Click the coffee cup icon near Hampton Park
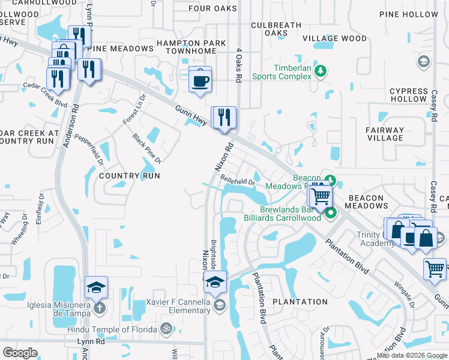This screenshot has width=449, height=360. (200, 80)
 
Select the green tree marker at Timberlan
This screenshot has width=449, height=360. (321, 71)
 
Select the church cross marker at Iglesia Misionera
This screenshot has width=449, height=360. (99, 308)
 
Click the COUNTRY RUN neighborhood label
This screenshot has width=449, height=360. (130, 176)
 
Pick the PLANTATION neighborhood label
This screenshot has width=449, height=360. (300, 302)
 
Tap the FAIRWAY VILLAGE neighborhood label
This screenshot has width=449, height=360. (385, 134)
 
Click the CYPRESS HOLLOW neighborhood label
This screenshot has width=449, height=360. (408, 95)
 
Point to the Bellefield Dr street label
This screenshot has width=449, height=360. (238, 179)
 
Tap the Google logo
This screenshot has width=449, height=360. (20, 352)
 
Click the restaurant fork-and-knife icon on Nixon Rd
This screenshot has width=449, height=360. (224, 117)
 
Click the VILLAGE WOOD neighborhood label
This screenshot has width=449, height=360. (334, 38)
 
